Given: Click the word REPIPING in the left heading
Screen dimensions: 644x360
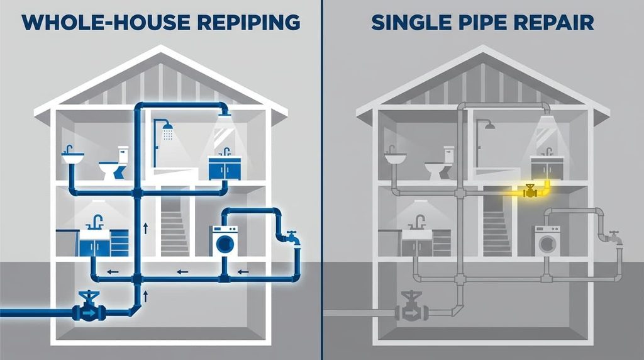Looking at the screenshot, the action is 248,22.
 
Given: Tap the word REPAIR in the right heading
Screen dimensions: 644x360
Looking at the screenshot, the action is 553,22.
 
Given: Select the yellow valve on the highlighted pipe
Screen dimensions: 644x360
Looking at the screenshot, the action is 530,190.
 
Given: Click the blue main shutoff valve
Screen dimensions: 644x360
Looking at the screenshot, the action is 89,306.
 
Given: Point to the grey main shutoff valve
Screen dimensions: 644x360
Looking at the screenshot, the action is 411,306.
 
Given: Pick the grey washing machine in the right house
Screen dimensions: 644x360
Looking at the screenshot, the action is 547,241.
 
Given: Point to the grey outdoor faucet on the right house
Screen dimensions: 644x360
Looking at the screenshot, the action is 614,237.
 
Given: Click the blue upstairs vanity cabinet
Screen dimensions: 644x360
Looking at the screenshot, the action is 225,169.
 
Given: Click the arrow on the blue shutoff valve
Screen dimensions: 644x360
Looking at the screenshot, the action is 89,313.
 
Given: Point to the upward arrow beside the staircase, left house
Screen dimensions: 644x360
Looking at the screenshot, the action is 145,228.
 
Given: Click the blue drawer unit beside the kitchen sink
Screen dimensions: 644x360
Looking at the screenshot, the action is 119,243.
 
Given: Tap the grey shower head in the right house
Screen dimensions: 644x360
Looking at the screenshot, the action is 489,126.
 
